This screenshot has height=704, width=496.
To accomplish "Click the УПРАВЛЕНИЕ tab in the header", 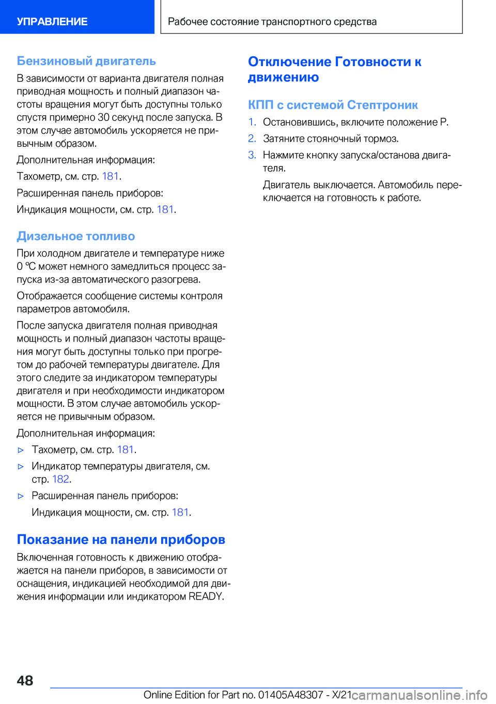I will (52, 22).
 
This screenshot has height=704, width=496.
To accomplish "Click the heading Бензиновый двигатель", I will (86, 61).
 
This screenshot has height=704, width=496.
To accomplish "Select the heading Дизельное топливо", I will (76, 236).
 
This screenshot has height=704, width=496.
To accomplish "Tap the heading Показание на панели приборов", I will (121, 540).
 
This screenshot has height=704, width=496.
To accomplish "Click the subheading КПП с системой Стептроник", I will (333, 105).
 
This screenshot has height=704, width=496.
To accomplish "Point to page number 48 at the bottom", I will (25, 680).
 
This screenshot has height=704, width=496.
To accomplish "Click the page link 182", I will (60, 479).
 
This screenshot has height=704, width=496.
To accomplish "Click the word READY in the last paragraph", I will (206, 596).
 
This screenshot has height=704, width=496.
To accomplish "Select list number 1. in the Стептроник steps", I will (252, 123).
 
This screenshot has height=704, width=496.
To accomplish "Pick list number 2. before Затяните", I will (252, 139).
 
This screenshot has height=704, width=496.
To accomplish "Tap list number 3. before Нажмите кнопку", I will (252, 155).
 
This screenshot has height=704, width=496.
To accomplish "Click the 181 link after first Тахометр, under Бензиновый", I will (110, 176).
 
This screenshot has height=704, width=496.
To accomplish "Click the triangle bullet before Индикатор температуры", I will (21, 466).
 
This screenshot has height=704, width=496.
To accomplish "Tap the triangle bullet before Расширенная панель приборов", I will (21, 496).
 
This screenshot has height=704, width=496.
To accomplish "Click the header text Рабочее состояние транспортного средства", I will (272, 22).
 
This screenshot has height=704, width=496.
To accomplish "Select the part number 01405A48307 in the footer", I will (290, 695).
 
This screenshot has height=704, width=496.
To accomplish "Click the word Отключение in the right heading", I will (289, 62).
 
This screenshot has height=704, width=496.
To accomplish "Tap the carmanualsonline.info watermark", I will (420, 695).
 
